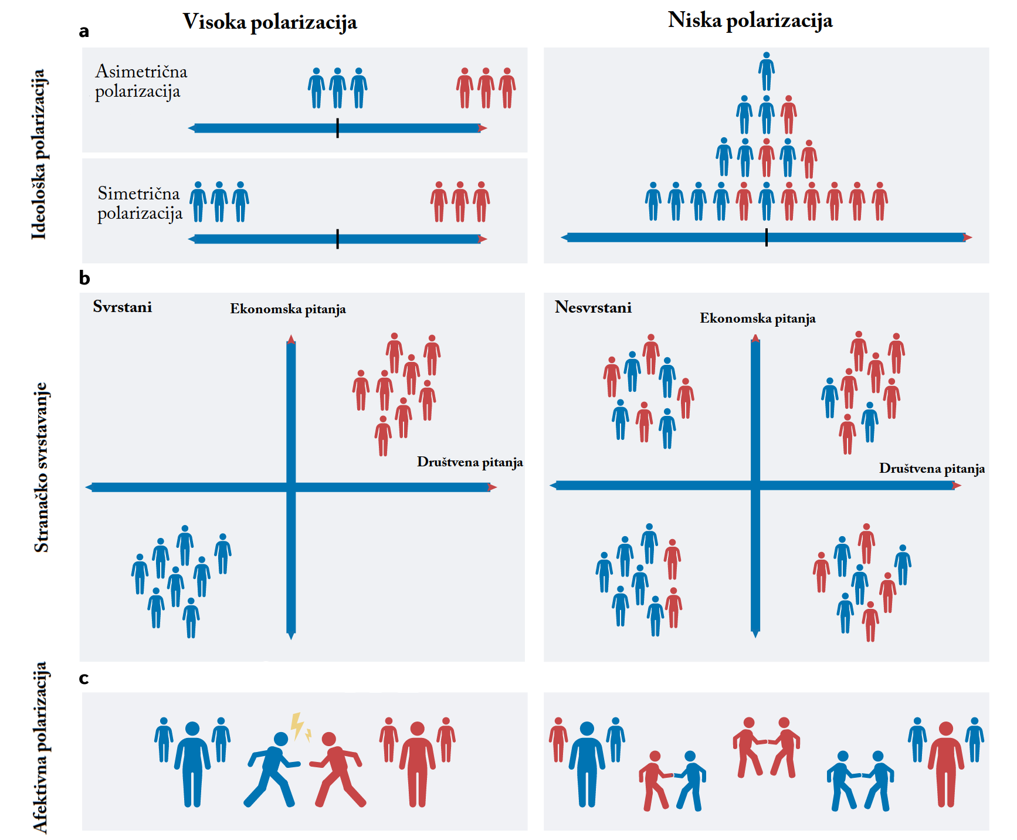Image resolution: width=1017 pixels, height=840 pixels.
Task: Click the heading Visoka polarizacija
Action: point(270,22)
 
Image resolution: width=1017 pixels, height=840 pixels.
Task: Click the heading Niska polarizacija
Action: point(750,21)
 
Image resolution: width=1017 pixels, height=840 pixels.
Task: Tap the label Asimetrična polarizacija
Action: point(141,82)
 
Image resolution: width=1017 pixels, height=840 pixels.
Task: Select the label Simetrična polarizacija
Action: point(140,203)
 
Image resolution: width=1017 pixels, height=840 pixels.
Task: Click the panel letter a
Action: point(84,31)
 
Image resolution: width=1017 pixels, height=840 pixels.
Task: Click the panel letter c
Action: point(84,678)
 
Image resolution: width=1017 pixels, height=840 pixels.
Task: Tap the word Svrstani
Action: point(123,307)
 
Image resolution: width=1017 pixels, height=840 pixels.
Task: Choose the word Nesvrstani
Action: point(593,307)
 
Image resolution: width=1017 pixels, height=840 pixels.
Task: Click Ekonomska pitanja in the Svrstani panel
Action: point(287,309)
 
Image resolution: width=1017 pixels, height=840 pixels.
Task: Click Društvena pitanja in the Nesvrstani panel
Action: point(931,469)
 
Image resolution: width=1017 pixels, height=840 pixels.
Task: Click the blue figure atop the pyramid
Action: point(766,71)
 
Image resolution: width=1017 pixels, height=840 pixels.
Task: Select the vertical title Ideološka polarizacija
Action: point(39,154)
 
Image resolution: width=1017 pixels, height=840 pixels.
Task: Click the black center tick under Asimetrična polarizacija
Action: point(337,128)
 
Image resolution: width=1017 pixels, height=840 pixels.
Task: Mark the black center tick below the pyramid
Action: point(766,238)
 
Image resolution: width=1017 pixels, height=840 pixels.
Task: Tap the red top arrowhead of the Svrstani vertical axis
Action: point(291,338)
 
